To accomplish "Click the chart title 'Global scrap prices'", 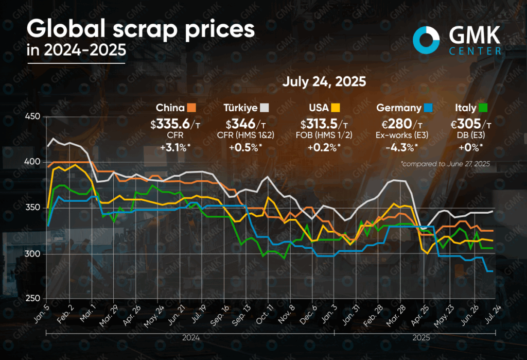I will coord(140,29).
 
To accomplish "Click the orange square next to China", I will coord(192,108).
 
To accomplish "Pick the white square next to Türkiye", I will coord(266,108).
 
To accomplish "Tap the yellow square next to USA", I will coord(335,108).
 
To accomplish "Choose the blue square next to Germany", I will coord(429,108).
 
